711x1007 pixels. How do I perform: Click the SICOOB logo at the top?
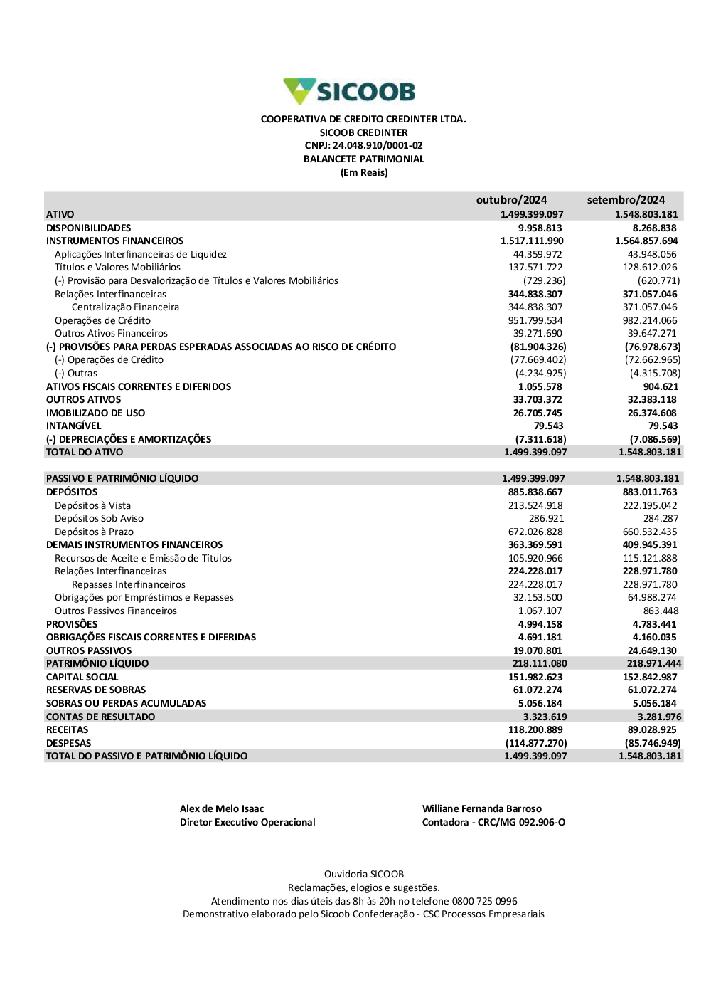click(x=350, y=92)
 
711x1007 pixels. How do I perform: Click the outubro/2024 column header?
click(x=511, y=200)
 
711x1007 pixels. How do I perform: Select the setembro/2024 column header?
click(x=626, y=200)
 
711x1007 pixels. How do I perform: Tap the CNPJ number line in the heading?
click(x=363, y=146)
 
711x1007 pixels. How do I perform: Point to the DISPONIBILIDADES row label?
click(x=89, y=228)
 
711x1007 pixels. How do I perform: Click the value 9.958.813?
click(x=540, y=228)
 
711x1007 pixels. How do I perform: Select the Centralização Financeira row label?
click(x=125, y=307)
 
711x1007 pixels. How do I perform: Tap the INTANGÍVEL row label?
click(x=74, y=426)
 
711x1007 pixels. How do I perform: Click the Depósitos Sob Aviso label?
click(x=99, y=519)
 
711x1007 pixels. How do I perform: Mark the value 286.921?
click(x=546, y=519)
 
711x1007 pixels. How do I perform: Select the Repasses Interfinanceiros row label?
click(x=129, y=584)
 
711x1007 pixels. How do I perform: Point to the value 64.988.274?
click(x=652, y=598)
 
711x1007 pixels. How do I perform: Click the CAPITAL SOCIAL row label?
click(x=82, y=677)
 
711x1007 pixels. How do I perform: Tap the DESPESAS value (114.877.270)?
click(x=536, y=743)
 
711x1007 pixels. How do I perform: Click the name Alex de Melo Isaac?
click(x=222, y=808)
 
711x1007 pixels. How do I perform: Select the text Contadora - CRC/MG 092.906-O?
click(x=493, y=822)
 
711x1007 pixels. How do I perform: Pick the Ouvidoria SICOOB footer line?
click(x=364, y=874)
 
